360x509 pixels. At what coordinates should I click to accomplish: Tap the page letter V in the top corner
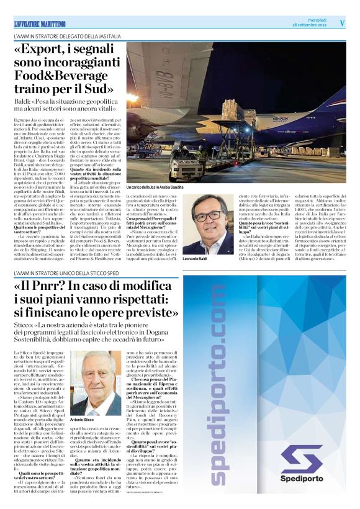click(341, 22)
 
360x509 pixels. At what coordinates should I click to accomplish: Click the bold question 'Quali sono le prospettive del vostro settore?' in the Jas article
click(37, 228)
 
